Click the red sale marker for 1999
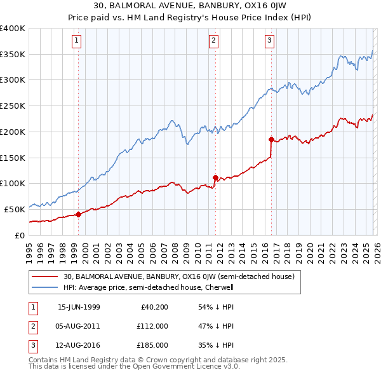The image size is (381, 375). coord(79,214)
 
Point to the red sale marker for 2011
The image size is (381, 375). coord(215,177)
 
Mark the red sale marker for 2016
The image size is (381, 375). coord(271,139)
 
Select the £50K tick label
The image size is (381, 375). coord(15,208)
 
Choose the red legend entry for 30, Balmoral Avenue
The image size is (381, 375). coord(178,276)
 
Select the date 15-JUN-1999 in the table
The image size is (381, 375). coord(79,307)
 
